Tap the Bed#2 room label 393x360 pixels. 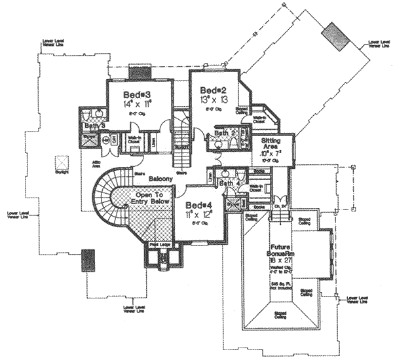point(213,89)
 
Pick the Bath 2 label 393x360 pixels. point(223,133)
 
